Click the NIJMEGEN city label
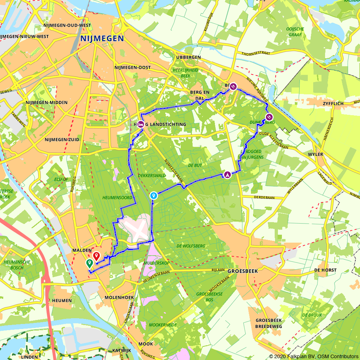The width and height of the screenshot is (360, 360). click(x=102, y=39)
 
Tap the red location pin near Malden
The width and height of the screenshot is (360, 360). click(x=96, y=256)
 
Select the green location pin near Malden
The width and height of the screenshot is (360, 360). click(x=89, y=264)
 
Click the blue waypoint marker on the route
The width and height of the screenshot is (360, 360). click(x=154, y=195)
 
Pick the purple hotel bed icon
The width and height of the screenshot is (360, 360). click(x=141, y=124)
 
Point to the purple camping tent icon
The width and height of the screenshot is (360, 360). click(x=228, y=175)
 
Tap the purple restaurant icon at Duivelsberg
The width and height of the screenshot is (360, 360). click(x=269, y=117)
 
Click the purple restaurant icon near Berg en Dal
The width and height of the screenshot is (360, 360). click(x=233, y=86)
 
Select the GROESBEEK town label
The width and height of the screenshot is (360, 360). click(x=243, y=271)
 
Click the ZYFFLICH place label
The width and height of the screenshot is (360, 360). click(x=333, y=104)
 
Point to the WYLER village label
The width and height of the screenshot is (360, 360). click(x=315, y=154)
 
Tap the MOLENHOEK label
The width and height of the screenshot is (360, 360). click(x=119, y=298)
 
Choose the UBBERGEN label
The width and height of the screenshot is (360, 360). click(x=188, y=58)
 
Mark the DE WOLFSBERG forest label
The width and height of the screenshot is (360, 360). click(x=191, y=246)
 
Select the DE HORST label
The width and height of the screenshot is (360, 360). click(x=325, y=270)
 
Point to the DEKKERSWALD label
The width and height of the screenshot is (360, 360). click(x=152, y=176)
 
